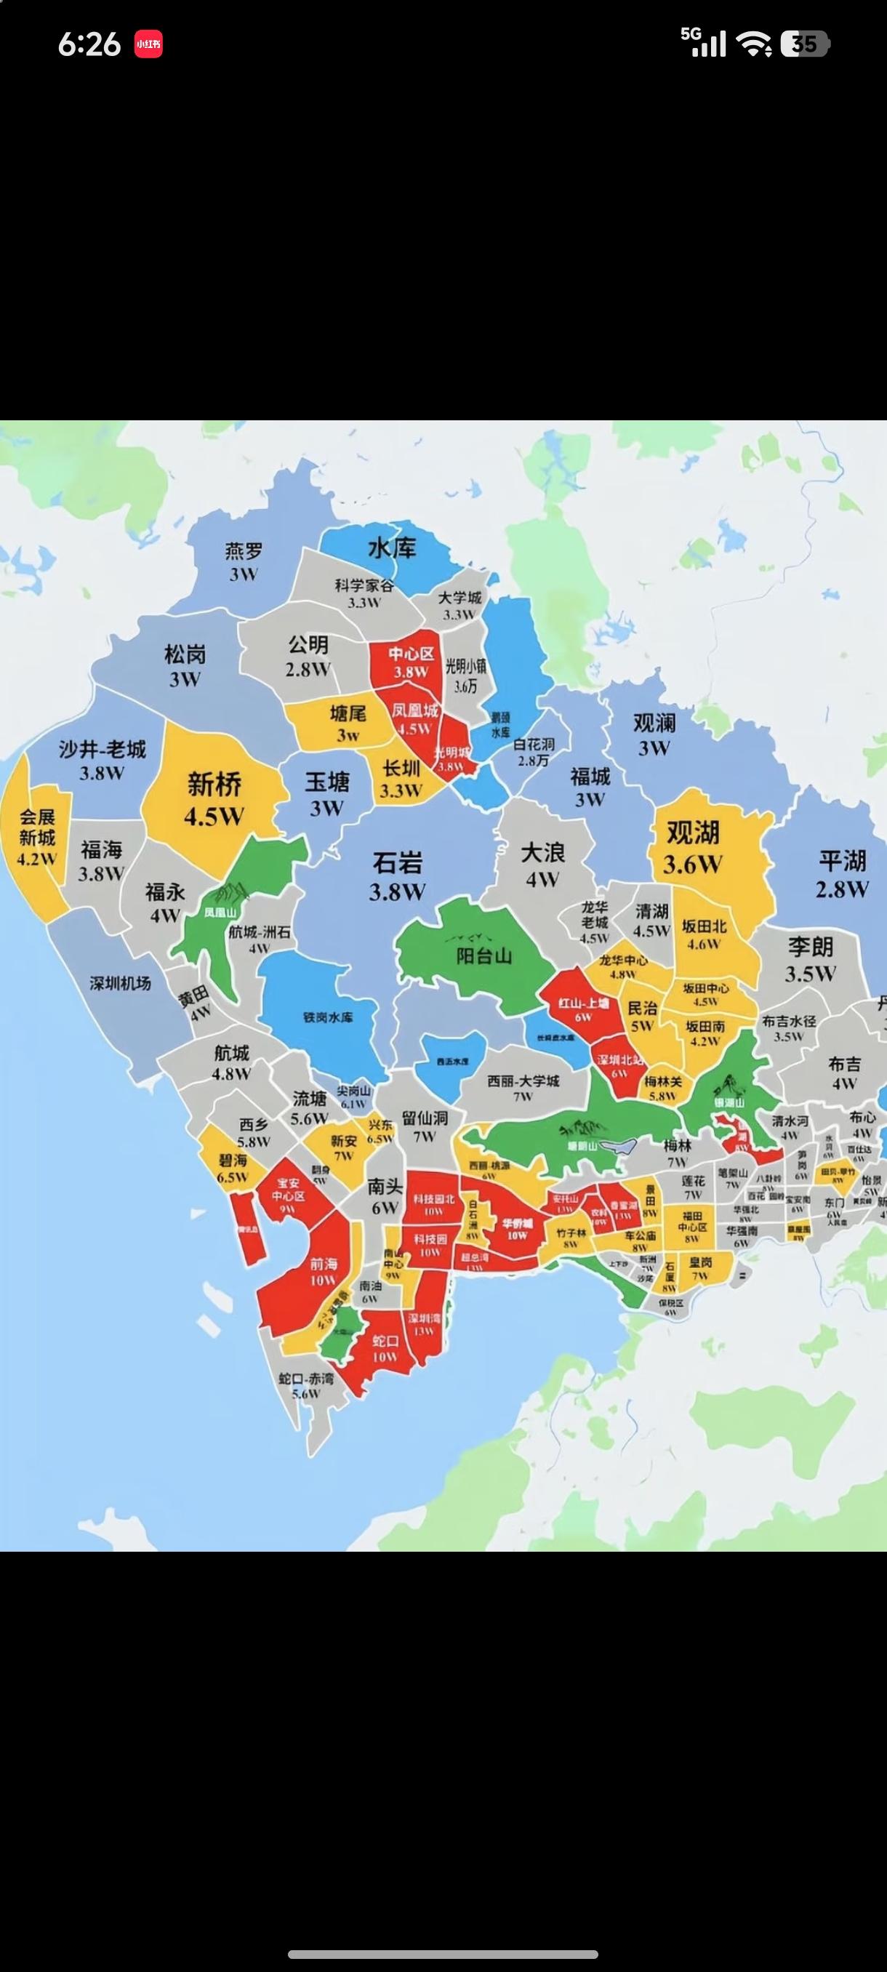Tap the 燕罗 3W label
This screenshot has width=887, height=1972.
point(244,561)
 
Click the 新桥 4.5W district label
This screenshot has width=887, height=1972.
point(214,798)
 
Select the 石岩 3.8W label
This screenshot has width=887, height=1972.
point(397,875)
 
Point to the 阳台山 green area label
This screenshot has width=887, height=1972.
point(483,955)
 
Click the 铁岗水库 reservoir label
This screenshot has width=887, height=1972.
point(329,1017)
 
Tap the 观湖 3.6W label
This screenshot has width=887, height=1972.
point(693,846)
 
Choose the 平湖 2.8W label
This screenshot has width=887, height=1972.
point(842,873)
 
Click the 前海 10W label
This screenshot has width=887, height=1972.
point(323,1272)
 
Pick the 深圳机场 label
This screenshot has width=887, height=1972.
point(120,983)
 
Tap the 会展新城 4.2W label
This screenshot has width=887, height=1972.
point(38,837)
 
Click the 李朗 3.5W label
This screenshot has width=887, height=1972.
point(810,960)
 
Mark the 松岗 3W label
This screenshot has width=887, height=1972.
point(185,666)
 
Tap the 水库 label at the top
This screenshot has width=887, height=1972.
point(392,548)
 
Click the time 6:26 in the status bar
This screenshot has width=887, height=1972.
point(89,44)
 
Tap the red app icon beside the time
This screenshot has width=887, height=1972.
point(148,44)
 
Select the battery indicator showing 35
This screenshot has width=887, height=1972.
point(804,44)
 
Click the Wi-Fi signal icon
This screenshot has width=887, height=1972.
point(754,44)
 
